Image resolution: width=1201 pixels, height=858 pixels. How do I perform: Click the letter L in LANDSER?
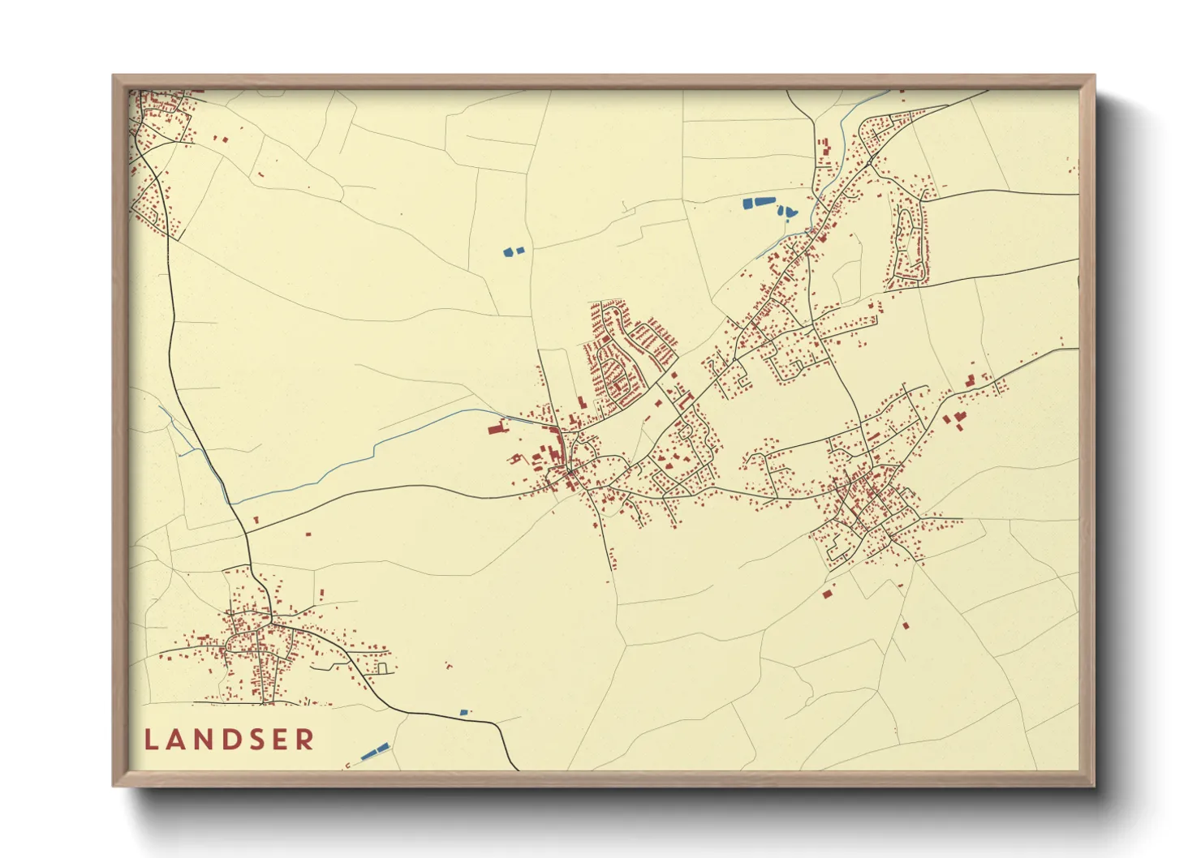[x=152, y=740]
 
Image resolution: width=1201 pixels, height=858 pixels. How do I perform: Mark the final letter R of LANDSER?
[x=305, y=740]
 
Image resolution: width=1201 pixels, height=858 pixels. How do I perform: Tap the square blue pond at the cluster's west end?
[x=747, y=204]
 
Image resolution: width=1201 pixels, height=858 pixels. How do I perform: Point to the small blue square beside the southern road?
[x=464, y=712]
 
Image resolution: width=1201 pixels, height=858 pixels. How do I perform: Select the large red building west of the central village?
[x=496, y=428]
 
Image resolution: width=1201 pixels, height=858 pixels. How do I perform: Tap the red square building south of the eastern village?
[x=828, y=594]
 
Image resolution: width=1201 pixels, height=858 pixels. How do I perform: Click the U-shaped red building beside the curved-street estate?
[x=687, y=400]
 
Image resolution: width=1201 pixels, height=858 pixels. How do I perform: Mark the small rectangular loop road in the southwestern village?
[x=383, y=668]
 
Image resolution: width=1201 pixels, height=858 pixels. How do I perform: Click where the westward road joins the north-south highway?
[x=247, y=533]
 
